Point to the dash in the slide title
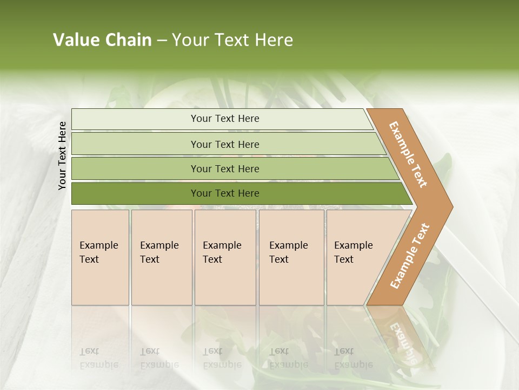click(x=162, y=41)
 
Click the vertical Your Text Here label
click(x=62, y=155)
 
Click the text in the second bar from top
click(x=225, y=145)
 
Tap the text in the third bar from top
click(x=225, y=169)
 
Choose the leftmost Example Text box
click(x=100, y=257)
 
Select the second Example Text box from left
click(x=162, y=257)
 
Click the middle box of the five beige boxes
click(x=225, y=257)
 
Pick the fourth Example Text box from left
click(x=291, y=257)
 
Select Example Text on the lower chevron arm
click(x=410, y=256)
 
